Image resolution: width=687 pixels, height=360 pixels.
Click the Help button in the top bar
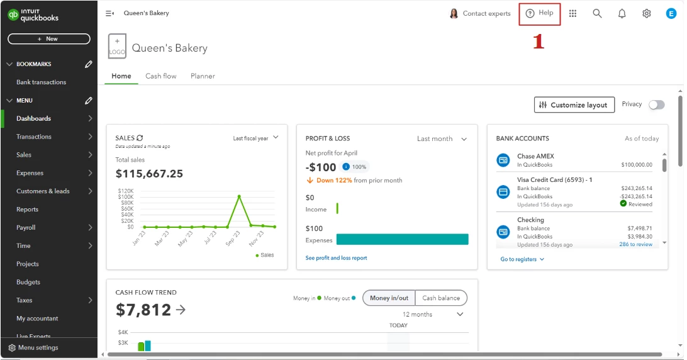click(x=539, y=13)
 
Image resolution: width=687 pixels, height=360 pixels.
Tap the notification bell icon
click(x=622, y=14)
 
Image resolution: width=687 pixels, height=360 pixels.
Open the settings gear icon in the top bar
click(x=646, y=14)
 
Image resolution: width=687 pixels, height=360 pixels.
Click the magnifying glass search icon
click(x=597, y=14)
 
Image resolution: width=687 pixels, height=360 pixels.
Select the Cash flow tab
click(x=161, y=76)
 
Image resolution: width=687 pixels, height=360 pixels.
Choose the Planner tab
click(x=203, y=76)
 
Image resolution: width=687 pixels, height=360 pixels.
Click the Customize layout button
click(x=574, y=105)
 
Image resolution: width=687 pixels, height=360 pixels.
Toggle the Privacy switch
click(x=657, y=105)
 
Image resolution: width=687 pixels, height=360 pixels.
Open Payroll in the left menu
click(x=26, y=228)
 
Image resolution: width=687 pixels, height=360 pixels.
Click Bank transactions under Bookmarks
click(x=41, y=82)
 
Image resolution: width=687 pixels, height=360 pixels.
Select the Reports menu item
click(x=27, y=209)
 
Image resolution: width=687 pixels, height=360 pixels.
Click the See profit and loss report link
click(x=336, y=258)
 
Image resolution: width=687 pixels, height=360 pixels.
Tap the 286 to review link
click(x=636, y=244)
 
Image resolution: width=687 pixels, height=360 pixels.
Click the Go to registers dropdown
click(x=522, y=259)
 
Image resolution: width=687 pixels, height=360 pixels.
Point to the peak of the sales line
click(x=239, y=196)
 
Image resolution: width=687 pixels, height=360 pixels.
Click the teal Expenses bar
click(x=402, y=239)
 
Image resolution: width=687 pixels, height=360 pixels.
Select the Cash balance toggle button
click(x=441, y=298)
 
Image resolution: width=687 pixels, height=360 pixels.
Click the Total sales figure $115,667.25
click(x=149, y=174)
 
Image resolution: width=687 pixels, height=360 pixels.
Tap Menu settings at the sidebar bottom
click(x=33, y=347)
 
